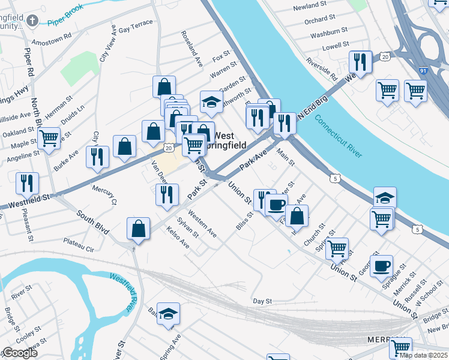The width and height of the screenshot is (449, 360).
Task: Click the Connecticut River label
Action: (x=339, y=137)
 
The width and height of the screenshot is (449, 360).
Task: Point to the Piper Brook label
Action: (x=65, y=22)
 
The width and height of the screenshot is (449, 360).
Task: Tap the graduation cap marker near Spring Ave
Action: (x=168, y=314)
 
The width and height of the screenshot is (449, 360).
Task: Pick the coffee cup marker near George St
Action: (x=382, y=266)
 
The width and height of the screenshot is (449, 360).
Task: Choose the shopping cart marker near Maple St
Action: (x=49, y=137)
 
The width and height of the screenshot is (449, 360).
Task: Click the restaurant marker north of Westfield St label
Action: (x=26, y=183)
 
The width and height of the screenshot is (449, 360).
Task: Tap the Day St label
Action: (x=262, y=301)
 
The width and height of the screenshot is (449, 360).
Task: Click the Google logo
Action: (x=19, y=353)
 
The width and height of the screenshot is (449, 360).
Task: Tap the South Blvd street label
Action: (x=93, y=221)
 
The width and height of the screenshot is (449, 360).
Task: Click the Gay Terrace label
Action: (x=136, y=29)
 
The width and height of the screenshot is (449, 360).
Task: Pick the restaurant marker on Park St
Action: (x=167, y=194)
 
